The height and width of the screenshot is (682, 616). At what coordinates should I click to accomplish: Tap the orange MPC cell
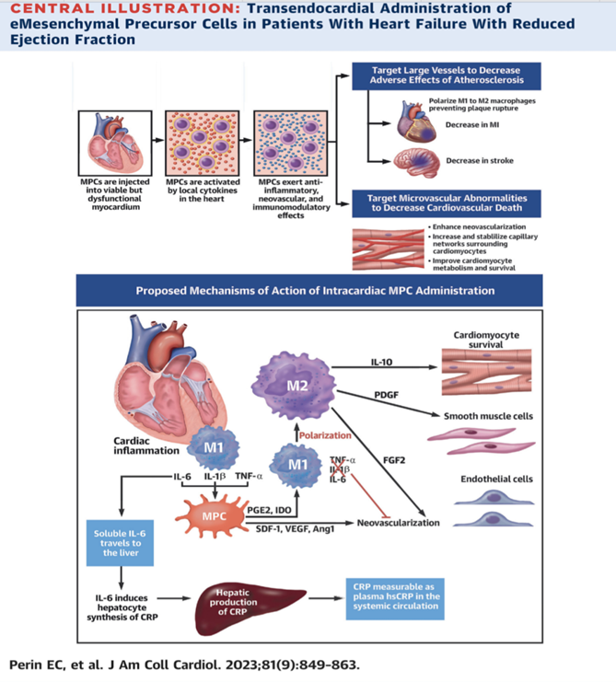(x=213, y=516)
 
